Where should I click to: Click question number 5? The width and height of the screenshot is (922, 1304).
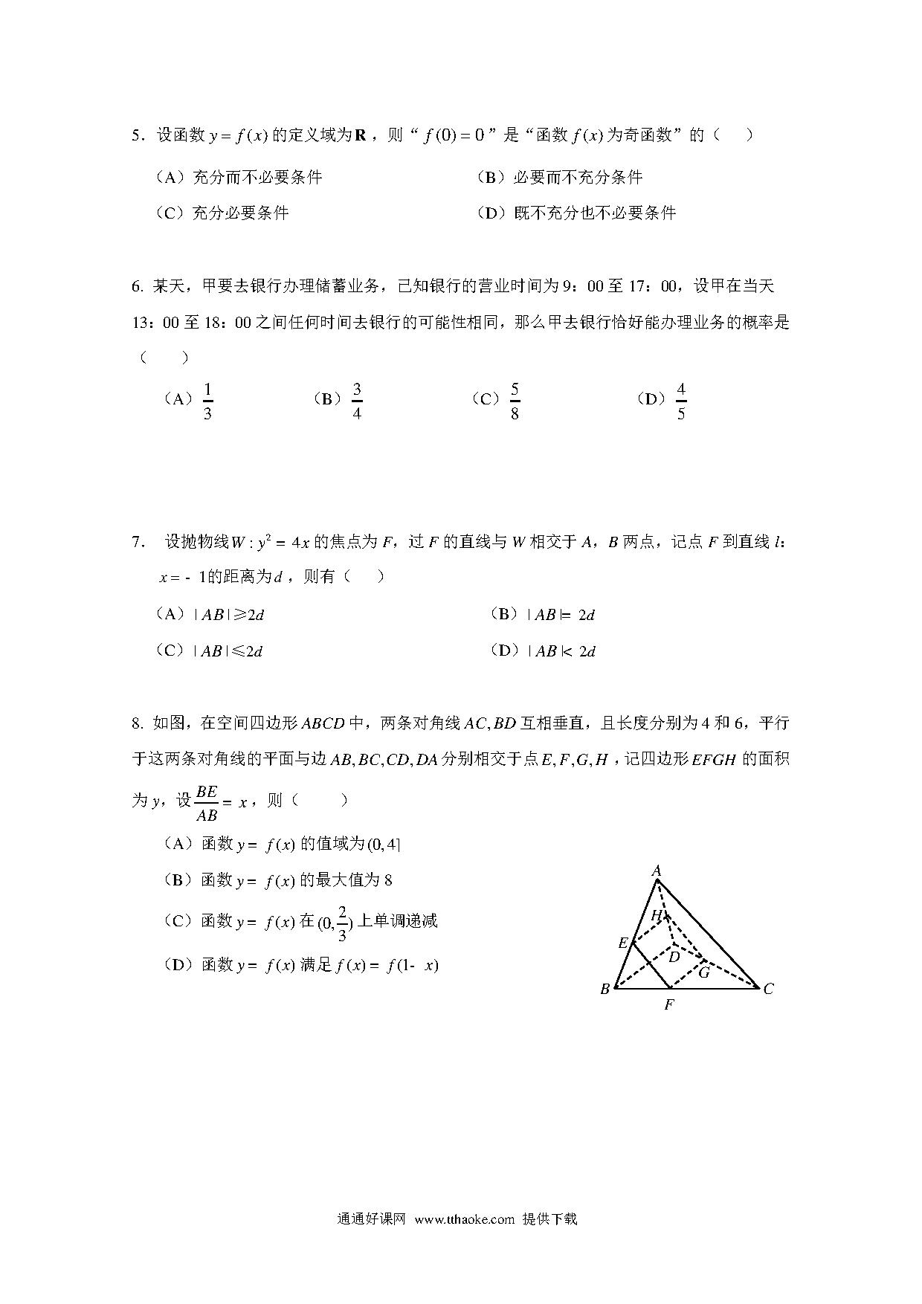click(x=136, y=135)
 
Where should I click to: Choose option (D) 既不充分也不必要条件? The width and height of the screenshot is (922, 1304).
click(x=576, y=213)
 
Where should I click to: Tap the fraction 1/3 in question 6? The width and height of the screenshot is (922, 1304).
click(x=207, y=401)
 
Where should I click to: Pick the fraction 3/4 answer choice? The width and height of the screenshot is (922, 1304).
click(x=357, y=401)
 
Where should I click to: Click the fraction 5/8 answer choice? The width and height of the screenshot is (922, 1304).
click(x=515, y=401)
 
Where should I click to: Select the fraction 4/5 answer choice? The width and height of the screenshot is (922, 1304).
click(x=681, y=401)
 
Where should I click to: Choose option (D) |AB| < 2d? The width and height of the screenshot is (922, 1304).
click(x=544, y=651)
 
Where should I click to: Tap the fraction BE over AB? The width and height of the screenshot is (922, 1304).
click(x=206, y=803)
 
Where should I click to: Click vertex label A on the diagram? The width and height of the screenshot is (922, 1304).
click(x=657, y=871)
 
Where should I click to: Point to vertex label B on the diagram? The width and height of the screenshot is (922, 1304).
click(x=605, y=989)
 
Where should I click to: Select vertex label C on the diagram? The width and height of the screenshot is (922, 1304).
click(x=768, y=989)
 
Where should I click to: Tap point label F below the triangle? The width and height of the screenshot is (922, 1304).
click(x=669, y=1005)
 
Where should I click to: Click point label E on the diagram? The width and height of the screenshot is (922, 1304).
click(x=623, y=943)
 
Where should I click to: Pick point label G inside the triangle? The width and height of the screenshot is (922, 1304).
click(x=703, y=972)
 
